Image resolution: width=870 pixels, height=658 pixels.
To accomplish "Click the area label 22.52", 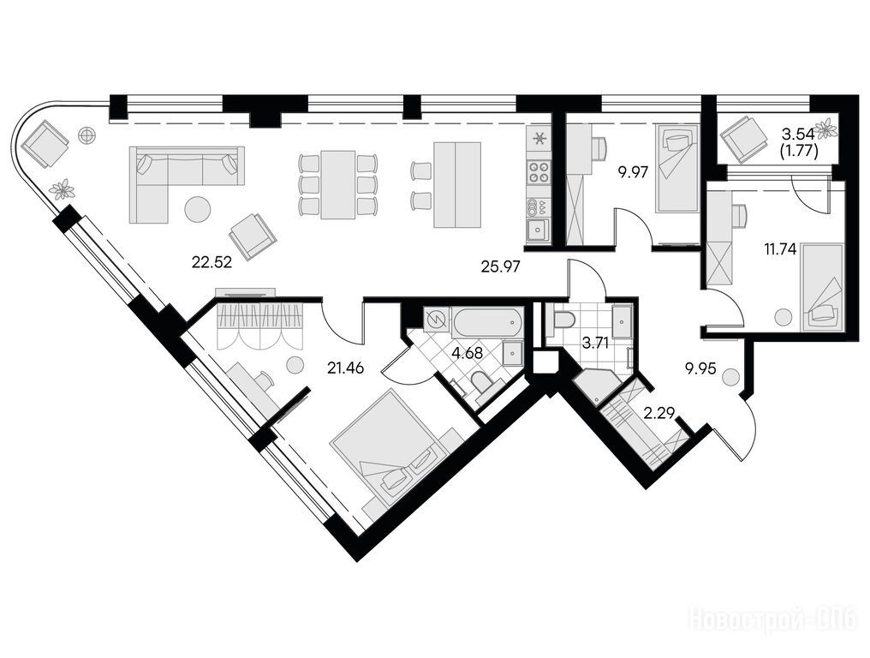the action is pos(211,261).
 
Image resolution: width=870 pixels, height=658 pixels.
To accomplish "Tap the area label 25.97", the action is pos(500,267).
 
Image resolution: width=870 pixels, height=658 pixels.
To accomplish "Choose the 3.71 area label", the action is pos(595,344).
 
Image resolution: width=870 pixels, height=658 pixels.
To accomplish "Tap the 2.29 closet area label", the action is pos(658,412).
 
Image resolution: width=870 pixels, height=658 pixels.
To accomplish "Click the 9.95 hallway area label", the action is pos(702,368).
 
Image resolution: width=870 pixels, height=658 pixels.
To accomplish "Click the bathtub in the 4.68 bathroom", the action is pos(486,323).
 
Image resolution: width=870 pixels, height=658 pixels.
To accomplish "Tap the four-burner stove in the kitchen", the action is pos(537,170).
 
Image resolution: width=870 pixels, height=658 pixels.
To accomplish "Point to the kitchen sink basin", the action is pos(537,230).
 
